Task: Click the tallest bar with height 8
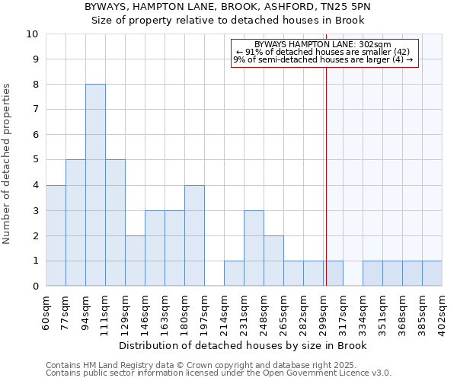pyautogui.click(x=95, y=185)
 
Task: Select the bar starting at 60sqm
pyautogui.click(x=56, y=235)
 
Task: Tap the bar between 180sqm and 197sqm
pyautogui.click(x=194, y=235)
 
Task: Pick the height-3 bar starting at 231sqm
pyautogui.click(x=254, y=248)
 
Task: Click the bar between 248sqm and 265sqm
pyautogui.click(x=273, y=261)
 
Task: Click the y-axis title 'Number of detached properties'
pyautogui.click(x=7, y=164)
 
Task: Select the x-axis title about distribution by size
pyautogui.click(x=244, y=346)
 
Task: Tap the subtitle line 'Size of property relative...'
pyautogui.click(x=228, y=20)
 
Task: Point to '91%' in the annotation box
pyautogui.click(x=252, y=52)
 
